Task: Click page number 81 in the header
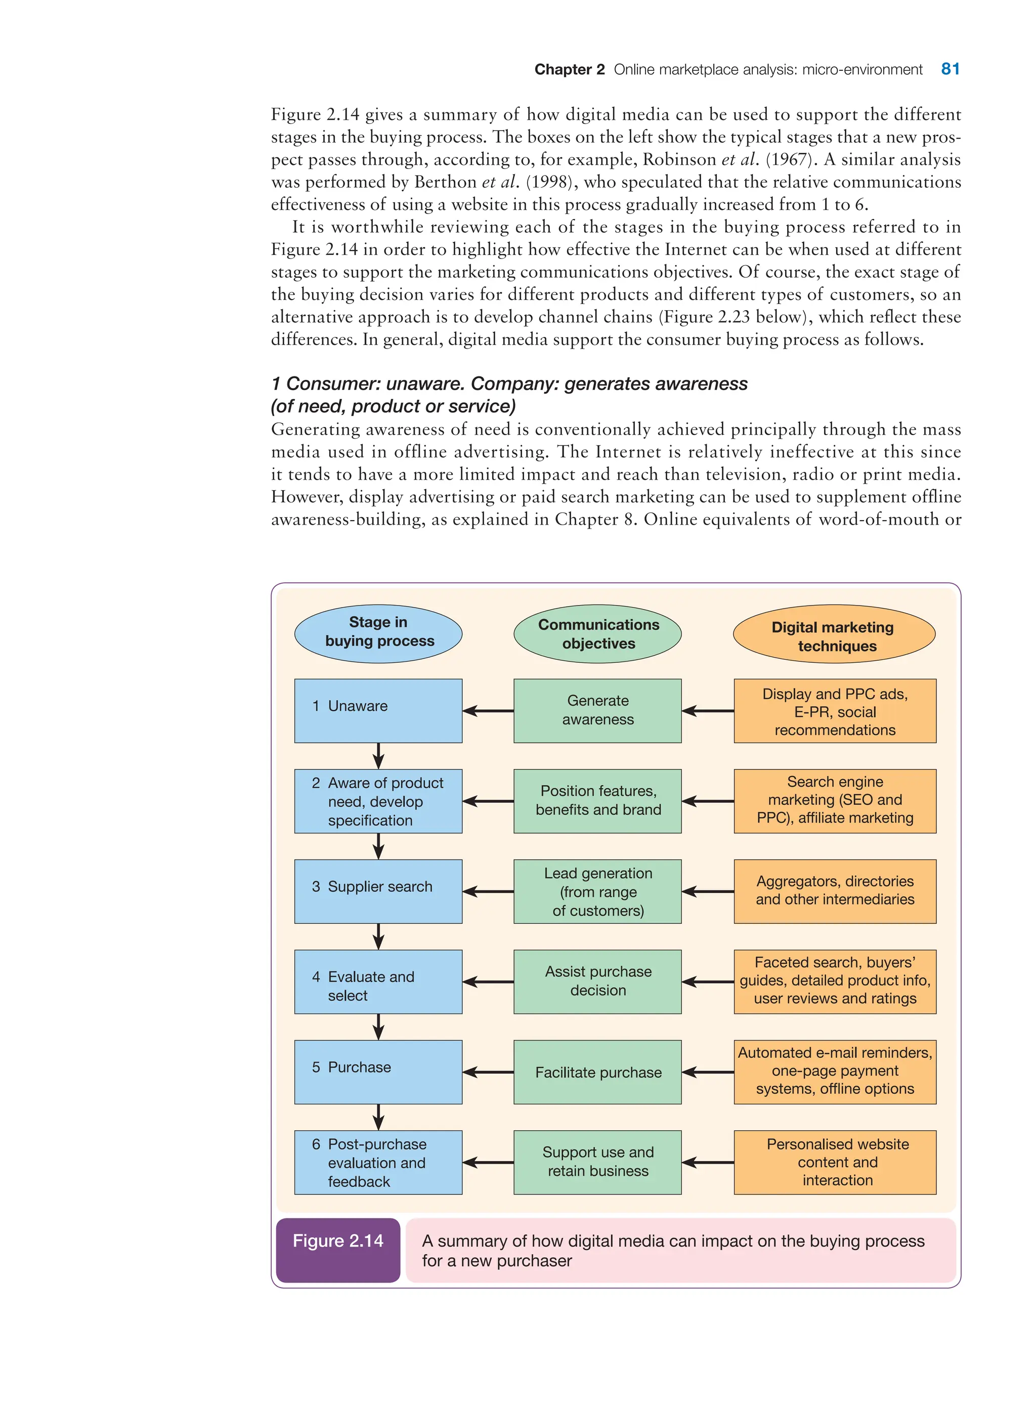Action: coord(949,69)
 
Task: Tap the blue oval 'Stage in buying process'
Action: coord(378,633)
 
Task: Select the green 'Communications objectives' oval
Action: coord(597,633)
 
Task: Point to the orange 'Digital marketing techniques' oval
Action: coord(834,635)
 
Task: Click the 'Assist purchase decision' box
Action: coord(597,981)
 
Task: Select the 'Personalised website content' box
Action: coord(835,1162)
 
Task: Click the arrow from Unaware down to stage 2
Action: coord(378,756)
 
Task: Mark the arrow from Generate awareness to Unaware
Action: coord(488,711)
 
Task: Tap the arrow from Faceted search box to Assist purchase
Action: coord(707,982)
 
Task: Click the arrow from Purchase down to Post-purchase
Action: coord(378,1117)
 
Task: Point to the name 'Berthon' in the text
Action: coord(445,182)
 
